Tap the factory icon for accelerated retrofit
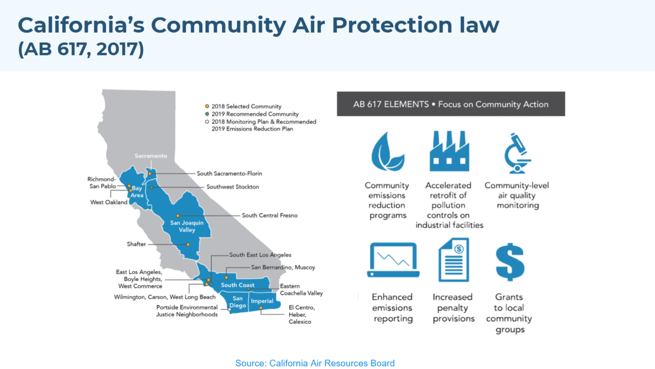[449, 151]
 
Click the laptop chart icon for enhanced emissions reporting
[393, 260]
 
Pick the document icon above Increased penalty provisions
[454, 260]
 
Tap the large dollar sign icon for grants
[509, 262]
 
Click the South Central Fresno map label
[269, 215]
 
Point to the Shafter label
[136, 244]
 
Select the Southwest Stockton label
[233, 187]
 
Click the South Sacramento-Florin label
[229, 174]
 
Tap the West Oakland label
[109, 202]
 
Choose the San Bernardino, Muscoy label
[283, 267]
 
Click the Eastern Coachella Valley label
[301, 290]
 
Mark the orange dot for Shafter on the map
[188, 245]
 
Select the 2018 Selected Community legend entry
[253, 106]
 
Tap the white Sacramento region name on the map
[151, 156]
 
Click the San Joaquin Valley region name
[187, 226]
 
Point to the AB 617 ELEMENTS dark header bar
[450, 104]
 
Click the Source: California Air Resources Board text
[315, 363]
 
